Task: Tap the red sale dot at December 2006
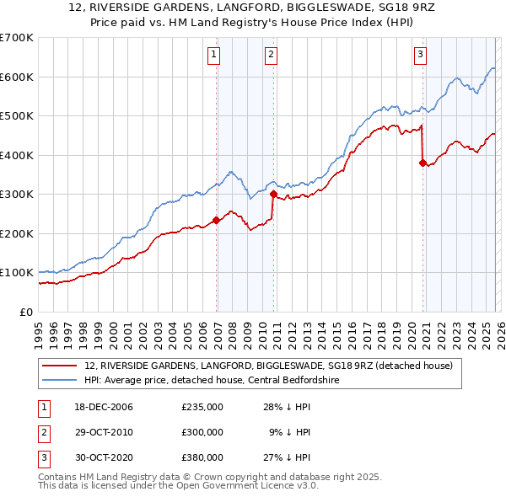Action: click(x=216, y=220)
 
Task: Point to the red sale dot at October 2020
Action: click(x=423, y=163)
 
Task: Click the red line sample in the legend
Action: click(x=61, y=366)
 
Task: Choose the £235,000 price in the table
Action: click(x=202, y=407)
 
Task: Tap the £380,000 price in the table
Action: click(x=202, y=457)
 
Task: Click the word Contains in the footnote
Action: click(x=60, y=477)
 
